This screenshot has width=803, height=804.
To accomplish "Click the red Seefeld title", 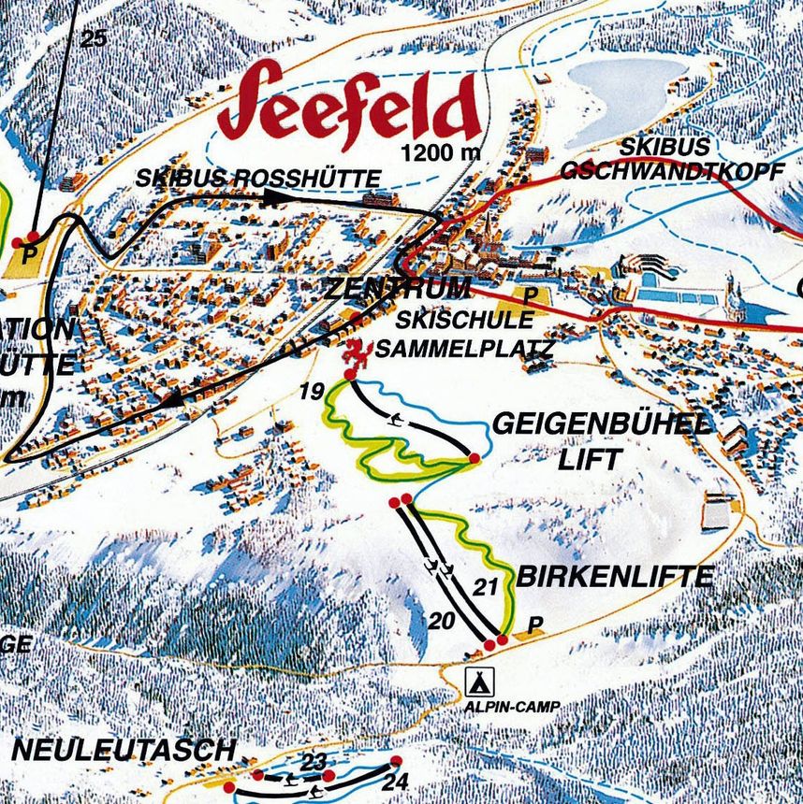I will [x=348, y=108].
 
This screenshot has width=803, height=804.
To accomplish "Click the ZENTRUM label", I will [x=397, y=289].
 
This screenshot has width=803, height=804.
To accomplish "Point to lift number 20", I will [x=442, y=621].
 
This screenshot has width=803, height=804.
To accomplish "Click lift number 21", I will [x=482, y=589].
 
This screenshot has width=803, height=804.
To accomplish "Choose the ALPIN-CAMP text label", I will [x=510, y=708].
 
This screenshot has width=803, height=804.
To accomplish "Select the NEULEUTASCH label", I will [x=122, y=749].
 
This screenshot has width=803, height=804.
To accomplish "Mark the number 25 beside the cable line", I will [x=94, y=38].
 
